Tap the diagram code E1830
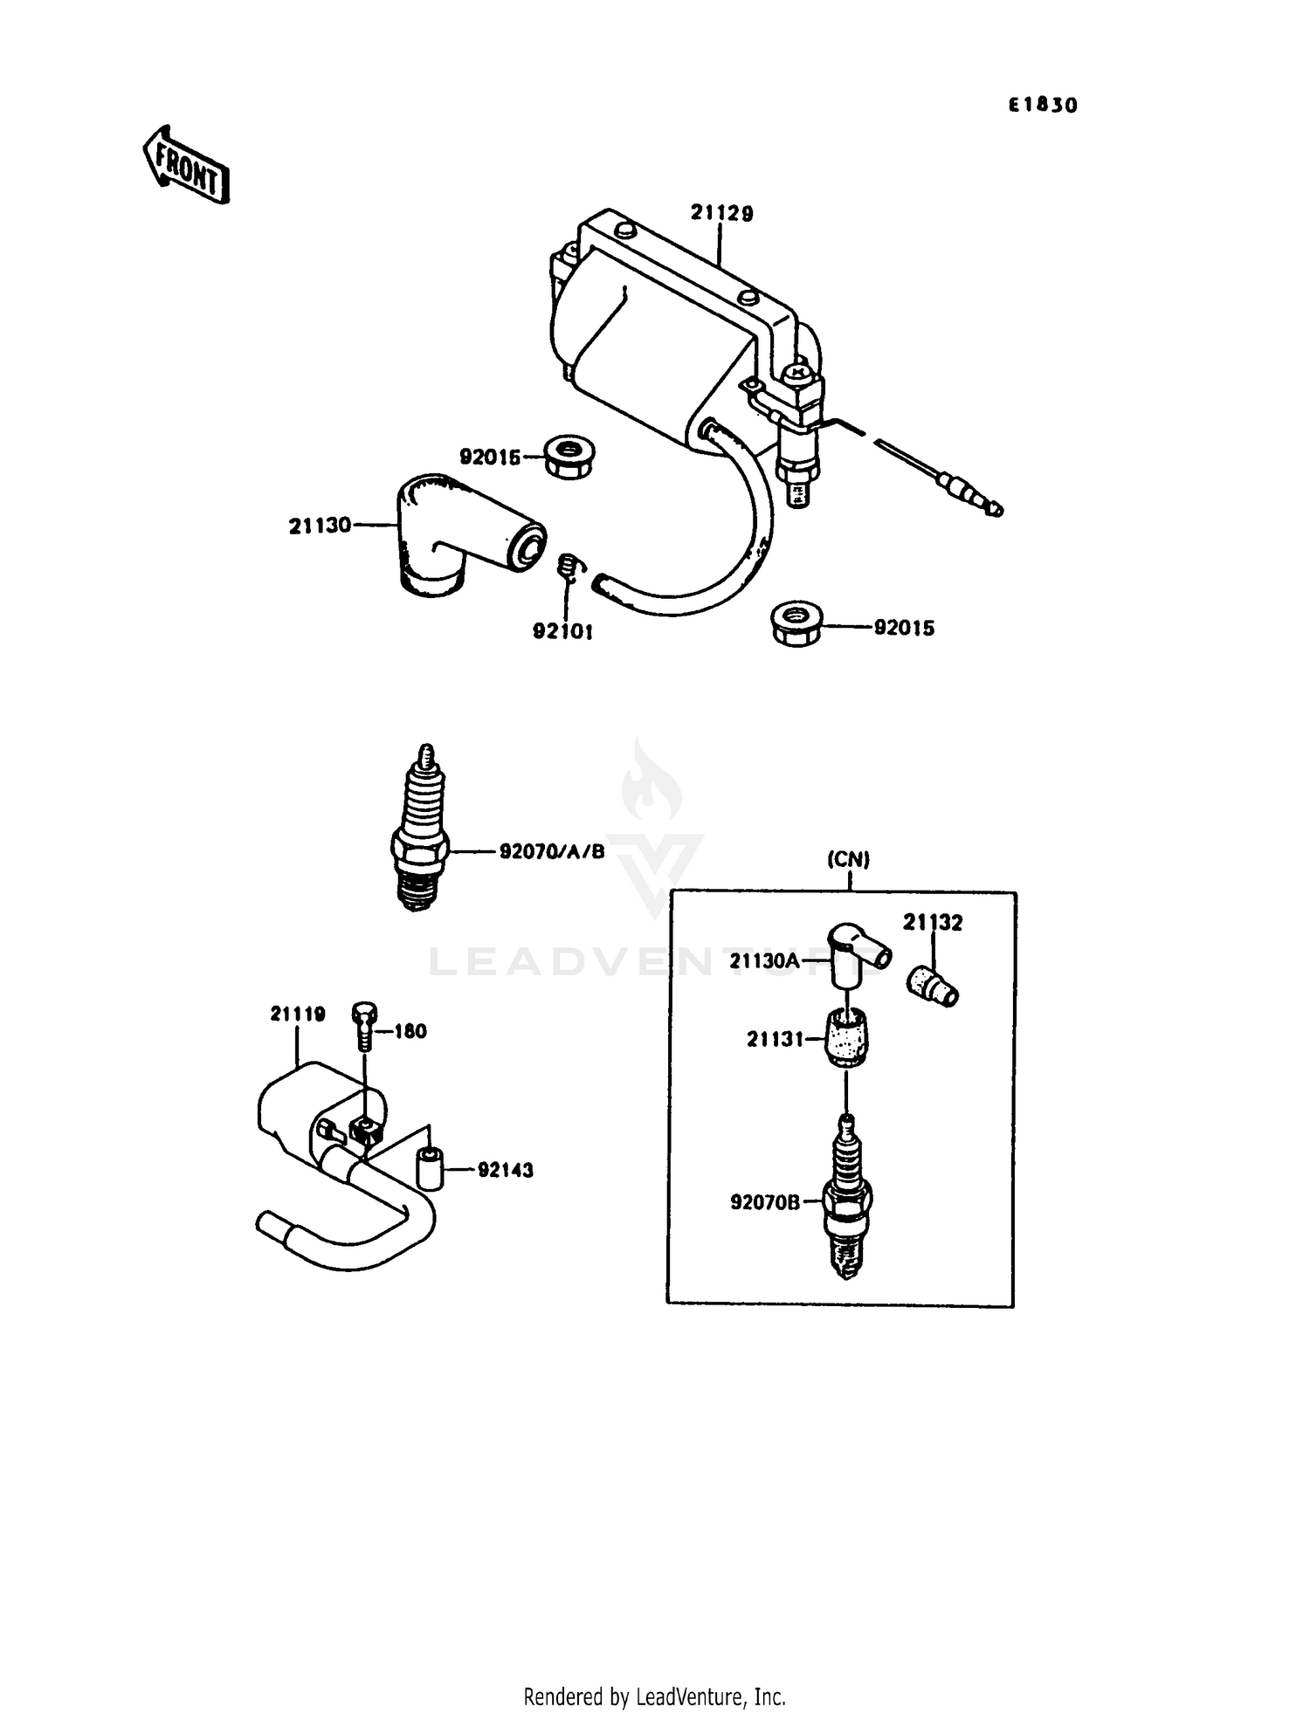pyautogui.click(x=1043, y=106)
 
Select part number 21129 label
pyautogui.click(x=721, y=213)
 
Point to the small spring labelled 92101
pyautogui.click(x=569, y=567)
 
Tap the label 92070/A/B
pyautogui.click(x=552, y=851)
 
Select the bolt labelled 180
pyautogui.click(x=364, y=1028)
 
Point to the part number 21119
pyautogui.click(x=298, y=1014)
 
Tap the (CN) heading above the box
pyautogui.click(x=848, y=860)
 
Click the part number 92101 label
pyautogui.click(x=562, y=630)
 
